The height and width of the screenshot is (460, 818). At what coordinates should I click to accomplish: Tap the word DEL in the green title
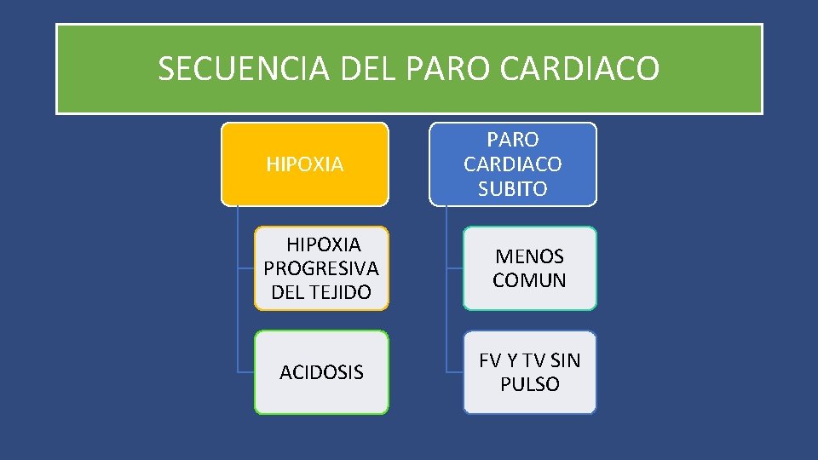[370, 69]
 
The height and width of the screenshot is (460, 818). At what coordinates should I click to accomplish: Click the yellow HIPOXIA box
[305, 164]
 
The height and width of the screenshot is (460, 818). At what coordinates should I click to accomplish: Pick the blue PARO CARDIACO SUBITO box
[513, 164]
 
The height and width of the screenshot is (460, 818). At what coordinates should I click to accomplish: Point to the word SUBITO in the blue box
[513, 188]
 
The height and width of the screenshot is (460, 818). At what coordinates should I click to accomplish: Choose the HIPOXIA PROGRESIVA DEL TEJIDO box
[321, 267]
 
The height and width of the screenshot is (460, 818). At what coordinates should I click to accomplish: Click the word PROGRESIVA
[321, 268]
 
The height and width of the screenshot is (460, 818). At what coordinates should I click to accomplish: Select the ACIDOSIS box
[321, 372]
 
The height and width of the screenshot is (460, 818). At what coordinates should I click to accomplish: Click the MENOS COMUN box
[529, 267]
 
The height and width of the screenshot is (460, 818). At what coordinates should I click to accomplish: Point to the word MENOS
[529, 256]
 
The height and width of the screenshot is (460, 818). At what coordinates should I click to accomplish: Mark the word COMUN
[529, 280]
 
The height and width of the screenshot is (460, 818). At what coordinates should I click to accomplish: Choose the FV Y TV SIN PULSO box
[529, 372]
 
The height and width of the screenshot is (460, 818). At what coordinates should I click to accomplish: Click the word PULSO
[529, 384]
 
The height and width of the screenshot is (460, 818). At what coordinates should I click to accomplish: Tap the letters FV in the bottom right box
[491, 360]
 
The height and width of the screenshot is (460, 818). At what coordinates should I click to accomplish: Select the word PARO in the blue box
[513, 139]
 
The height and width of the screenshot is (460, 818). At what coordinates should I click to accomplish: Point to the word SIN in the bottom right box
[564, 360]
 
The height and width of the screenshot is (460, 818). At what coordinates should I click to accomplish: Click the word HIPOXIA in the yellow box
[305, 164]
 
